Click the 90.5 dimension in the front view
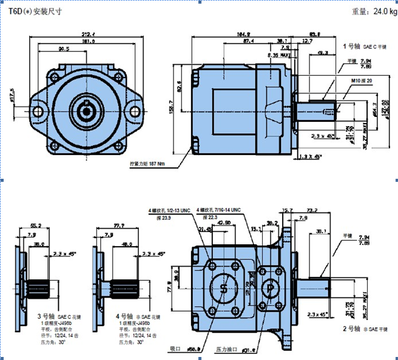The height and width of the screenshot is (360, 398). pyautogui.click(x=64, y=49)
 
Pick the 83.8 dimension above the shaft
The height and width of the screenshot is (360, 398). pyautogui.click(x=315, y=34)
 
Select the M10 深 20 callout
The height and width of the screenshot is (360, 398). pyautogui.click(x=361, y=80)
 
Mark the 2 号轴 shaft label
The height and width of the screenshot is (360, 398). pyautogui.click(x=352, y=328)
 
